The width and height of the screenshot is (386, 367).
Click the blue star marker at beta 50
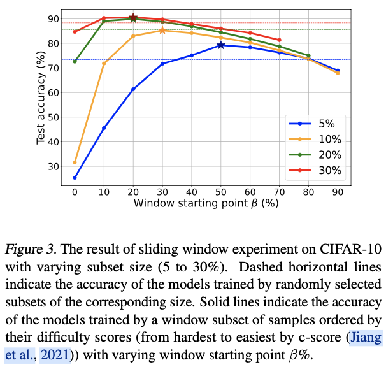(220, 45)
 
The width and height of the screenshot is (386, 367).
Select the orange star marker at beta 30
(162, 30)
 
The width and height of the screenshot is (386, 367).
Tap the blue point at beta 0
(75, 178)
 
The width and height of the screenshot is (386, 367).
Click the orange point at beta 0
(75, 162)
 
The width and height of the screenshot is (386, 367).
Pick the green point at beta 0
(75, 62)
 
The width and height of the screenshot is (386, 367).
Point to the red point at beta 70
(279, 40)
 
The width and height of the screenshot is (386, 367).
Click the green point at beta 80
(308, 56)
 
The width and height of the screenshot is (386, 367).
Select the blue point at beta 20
(133, 89)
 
